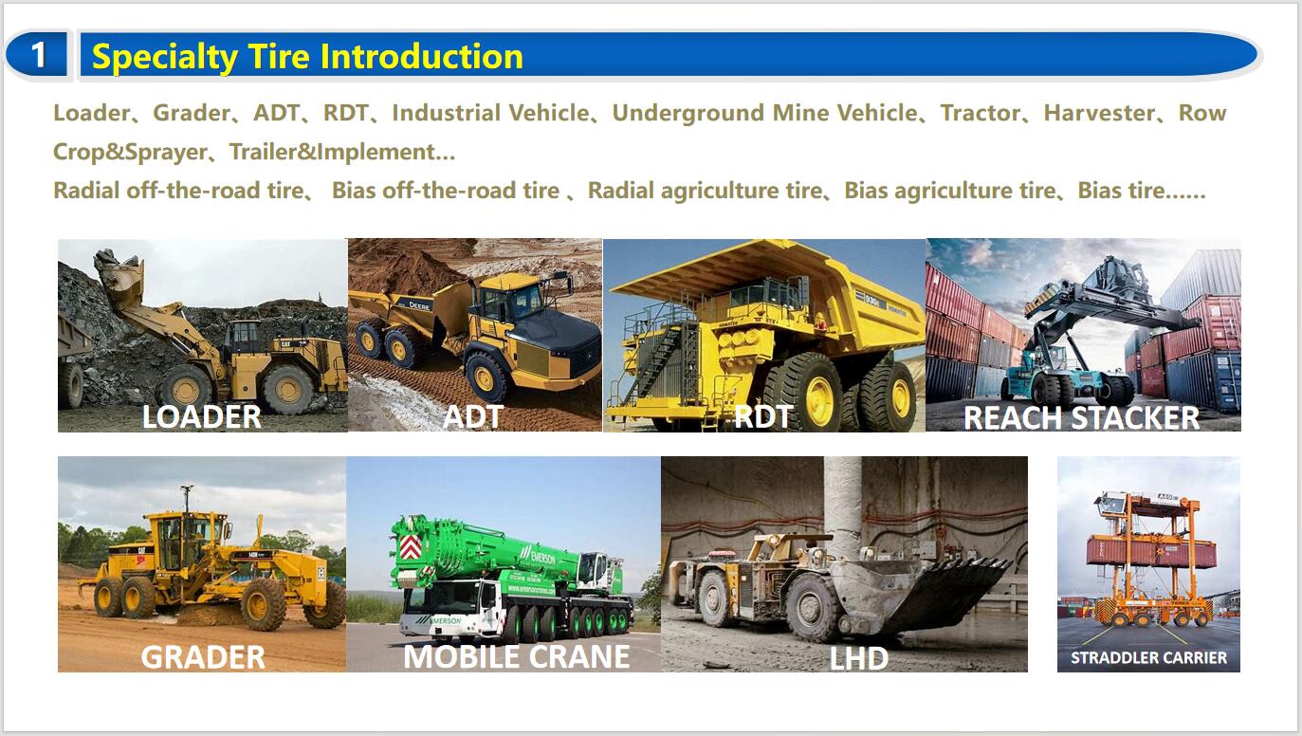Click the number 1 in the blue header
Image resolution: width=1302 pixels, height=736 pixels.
coord(38,55)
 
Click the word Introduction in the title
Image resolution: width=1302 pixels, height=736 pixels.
coord(421,56)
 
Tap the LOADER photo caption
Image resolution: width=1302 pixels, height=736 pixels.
coord(202,416)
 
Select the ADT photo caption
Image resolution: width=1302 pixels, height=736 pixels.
coord(473,416)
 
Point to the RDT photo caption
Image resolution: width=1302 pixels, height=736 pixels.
coord(762,416)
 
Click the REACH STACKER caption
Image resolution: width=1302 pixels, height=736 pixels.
coord(1081,417)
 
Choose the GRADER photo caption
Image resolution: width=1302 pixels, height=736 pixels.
coord(203,657)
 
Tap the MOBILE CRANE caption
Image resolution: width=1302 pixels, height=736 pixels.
coord(517,656)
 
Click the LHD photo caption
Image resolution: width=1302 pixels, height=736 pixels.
coord(858,658)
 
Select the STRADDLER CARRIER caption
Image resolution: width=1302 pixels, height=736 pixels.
coord(1148,657)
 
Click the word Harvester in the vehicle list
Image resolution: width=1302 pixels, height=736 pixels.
coord(1099,113)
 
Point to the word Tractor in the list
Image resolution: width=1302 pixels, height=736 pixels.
coord(981,113)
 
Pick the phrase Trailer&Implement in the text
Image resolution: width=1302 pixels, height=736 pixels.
coord(333,152)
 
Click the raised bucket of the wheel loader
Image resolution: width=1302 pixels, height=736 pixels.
coord(119,272)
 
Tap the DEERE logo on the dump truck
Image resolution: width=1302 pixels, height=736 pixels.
coord(418,305)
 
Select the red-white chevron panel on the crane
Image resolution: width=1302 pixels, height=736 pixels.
coord(410,547)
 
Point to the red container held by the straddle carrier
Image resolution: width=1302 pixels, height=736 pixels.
coord(1151,551)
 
